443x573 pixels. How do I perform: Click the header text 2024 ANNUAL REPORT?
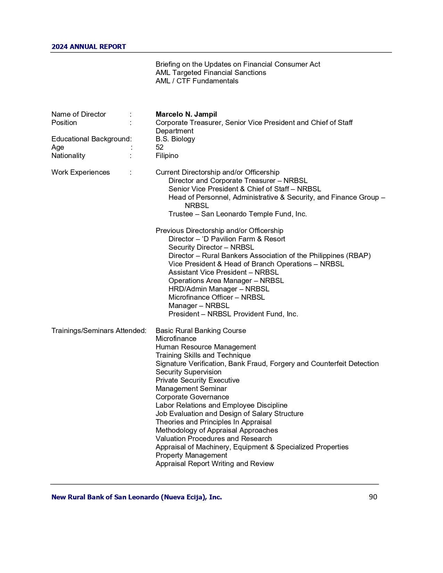tap(89, 47)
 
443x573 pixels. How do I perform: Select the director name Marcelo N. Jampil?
tap(186, 114)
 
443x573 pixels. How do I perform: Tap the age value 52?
tap(159, 147)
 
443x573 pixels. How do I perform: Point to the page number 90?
tap(373, 497)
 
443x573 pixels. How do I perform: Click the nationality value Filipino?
tap(167, 156)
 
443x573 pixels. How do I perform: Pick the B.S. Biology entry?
tap(175, 139)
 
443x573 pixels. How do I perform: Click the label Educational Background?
tap(91, 139)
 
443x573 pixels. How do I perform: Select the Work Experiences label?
tap(81, 172)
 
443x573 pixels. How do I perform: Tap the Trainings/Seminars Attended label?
tap(99, 331)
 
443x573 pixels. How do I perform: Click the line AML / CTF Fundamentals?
tap(197, 81)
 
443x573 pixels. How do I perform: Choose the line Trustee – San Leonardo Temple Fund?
tap(238, 214)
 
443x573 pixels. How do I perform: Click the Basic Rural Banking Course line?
tap(201, 331)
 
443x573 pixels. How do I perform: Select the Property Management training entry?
tap(191, 455)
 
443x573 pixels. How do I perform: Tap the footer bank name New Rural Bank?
tap(137, 497)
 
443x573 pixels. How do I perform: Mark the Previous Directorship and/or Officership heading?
tap(219, 231)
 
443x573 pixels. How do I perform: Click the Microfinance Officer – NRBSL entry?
tap(216, 297)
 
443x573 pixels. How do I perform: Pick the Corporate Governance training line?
tap(192, 397)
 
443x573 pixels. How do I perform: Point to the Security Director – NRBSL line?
tap(211, 247)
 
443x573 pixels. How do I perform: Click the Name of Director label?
tap(79, 114)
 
